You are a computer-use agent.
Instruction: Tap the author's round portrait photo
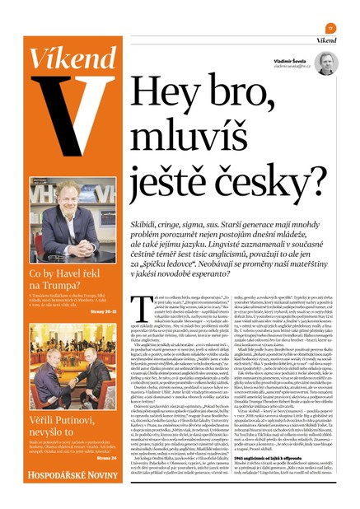(x=325, y=63)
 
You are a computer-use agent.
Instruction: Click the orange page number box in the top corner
(x=330, y=28)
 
